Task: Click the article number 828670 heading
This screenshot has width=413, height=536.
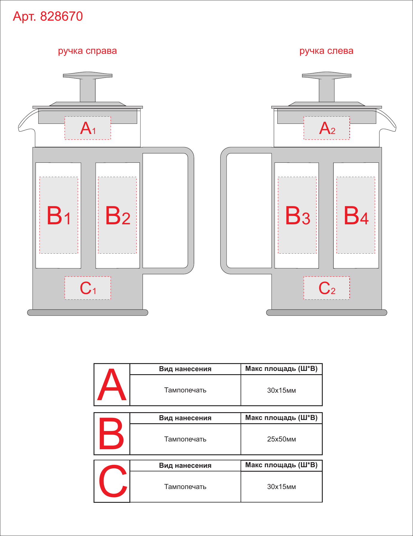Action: [48, 16]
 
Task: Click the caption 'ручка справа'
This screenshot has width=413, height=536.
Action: [87, 51]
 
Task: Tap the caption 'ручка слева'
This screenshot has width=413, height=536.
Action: [326, 51]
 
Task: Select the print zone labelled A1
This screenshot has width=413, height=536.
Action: [88, 128]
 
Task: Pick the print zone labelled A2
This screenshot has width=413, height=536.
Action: [327, 128]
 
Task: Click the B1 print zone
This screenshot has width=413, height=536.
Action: [59, 215]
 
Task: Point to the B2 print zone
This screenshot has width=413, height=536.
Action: [117, 215]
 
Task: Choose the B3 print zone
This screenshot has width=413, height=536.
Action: [297, 215]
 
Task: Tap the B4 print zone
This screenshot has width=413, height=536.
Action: [356, 215]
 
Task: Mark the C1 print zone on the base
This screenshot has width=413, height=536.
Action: [88, 288]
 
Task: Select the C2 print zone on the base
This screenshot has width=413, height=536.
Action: [327, 288]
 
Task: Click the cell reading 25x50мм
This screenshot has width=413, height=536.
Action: [282, 439]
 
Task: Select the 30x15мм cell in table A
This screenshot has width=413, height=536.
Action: [282, 390]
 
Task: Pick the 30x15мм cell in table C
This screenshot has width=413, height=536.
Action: [282, 487]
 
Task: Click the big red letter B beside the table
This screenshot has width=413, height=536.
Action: [111, 434]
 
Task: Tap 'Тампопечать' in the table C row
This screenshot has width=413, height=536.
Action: [185, 487]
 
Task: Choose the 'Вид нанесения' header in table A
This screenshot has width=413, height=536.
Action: [185, 369]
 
